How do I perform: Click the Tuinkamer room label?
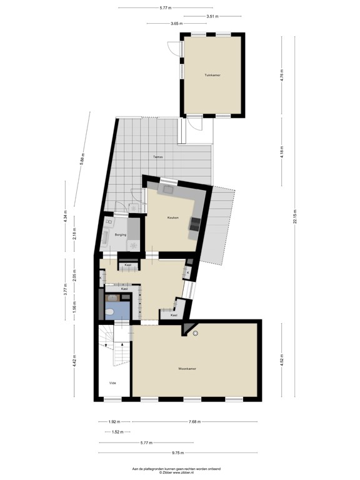coord(212,75)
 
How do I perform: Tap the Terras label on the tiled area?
coord(158,157)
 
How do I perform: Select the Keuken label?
coord(172,217)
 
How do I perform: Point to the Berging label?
coord(121,234)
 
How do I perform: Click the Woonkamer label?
coord(187,369)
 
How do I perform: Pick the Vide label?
coord(112,383)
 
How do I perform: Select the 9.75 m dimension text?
coord(178,452)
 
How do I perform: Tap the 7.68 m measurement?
coord(196,422)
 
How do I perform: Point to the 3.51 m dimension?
coord(212,16)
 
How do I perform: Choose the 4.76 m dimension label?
coord(282,75)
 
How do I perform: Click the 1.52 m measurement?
coord(116,432)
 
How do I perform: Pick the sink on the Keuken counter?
coord(167,188)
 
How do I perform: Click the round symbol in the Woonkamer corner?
coord(196,333)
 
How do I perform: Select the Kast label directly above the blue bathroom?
coord(125,289)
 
